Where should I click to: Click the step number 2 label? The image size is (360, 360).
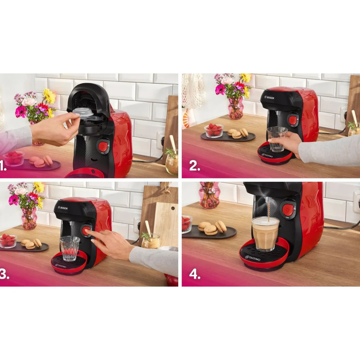(x=195, y=166)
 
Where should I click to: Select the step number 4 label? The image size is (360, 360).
(x=195, y=275)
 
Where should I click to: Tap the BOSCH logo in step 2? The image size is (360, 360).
(x=269, y=97)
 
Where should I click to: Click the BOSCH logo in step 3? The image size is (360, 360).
(x=63, y=208)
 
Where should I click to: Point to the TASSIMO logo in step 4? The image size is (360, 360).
(x=253, y=258)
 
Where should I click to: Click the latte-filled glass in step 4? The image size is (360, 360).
(x=265, y=234)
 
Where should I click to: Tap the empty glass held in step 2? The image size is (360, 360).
(x=277, y=139)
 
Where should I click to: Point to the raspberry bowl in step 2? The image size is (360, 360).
(x=214, y=130)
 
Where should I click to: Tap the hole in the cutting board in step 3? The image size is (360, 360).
(x=173, y=209)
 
